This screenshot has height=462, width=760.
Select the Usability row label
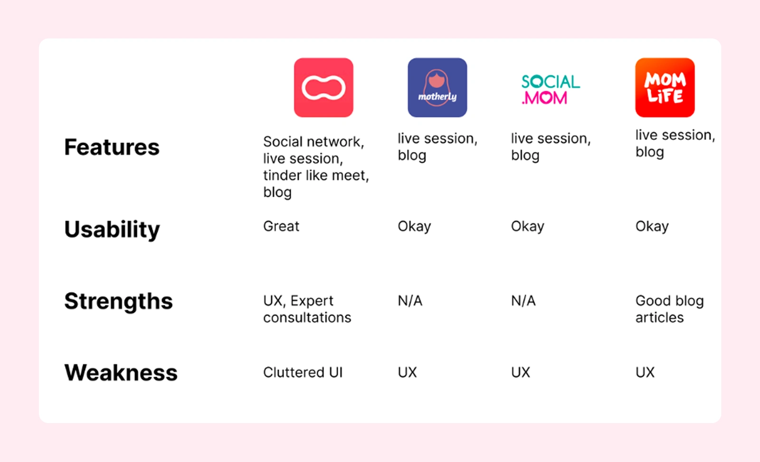point(112,230)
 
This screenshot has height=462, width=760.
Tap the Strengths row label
point(118,301)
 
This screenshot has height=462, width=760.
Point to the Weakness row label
point(121,372)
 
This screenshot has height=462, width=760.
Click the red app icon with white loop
point(323,87)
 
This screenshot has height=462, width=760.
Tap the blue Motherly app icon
point(437,87)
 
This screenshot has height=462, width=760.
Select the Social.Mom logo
point(551,89)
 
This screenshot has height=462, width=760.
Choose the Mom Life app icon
point(665,87)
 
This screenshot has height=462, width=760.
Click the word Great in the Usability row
point(281,226)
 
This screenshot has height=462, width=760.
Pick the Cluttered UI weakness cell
point(303,372)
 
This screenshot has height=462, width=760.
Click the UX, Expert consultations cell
point(307,309)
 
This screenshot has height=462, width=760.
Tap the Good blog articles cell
point(669,309)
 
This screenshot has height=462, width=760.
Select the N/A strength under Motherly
point(410,301)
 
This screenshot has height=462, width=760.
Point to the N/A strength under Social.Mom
point(523,301)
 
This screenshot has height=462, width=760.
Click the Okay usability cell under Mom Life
point(652,226)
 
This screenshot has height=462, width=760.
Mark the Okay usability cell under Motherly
point(414,226)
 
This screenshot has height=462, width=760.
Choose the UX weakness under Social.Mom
point(521,372)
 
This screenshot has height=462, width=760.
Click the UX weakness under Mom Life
point(645,372)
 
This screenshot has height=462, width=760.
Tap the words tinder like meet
point(315,175)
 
